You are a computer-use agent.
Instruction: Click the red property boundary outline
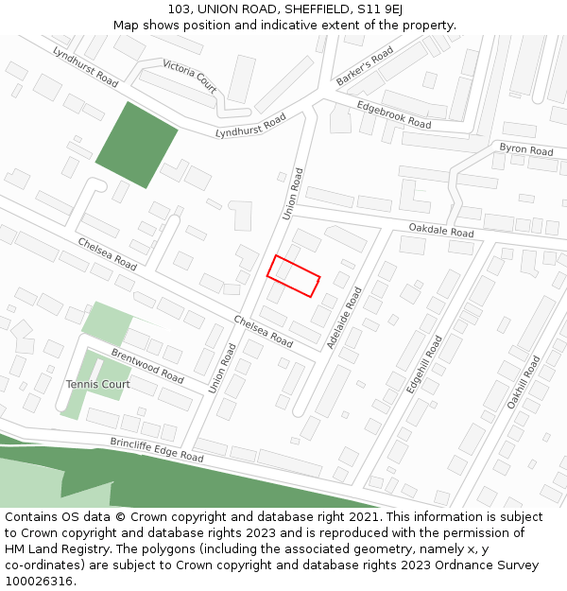(293, 276)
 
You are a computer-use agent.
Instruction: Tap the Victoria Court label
(190, 76)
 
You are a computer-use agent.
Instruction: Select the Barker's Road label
(365, 67)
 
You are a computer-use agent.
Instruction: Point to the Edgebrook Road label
(394, 115)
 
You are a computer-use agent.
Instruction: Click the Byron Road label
(525, 150)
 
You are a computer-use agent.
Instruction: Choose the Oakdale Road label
(441, 231)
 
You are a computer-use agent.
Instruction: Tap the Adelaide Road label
(344, 318)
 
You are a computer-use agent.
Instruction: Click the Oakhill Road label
(523, 382)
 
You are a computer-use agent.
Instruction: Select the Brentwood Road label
(147, 365)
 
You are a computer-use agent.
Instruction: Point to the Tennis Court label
(98, 385)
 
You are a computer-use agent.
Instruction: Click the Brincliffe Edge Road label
(157, 449)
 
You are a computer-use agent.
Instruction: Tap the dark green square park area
(136, 145)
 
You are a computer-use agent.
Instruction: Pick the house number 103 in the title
(180, 9)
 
